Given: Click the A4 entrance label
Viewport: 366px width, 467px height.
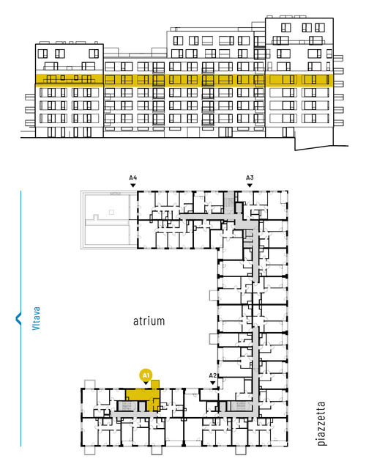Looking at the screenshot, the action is coord(133,178).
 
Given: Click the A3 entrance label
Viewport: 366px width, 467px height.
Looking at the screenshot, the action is coord(250,178).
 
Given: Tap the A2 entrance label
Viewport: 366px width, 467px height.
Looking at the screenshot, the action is coord(213,375).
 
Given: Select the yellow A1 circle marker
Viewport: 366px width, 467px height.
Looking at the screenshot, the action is coord(146,375).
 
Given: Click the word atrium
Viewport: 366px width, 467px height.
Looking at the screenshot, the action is coord(149,321).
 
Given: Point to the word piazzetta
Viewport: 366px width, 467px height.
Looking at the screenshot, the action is coord(321,423).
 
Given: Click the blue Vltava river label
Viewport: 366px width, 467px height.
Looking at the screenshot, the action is coord(37,318).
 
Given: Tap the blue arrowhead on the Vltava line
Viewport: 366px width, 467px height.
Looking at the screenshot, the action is coord(18,318).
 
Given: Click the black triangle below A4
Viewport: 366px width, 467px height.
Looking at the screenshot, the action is coord(133,185).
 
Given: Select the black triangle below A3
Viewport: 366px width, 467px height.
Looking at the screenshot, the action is coord(250,185).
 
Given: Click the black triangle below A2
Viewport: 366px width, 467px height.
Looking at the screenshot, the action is coord(213,383).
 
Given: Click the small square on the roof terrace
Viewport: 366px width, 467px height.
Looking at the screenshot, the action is coord(111,212).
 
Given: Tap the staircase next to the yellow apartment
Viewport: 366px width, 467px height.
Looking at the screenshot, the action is coord(127,405).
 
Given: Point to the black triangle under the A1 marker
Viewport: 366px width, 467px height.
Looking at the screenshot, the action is coord(146,383).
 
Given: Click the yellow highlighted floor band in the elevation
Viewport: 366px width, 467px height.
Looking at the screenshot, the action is coord(184,80).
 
